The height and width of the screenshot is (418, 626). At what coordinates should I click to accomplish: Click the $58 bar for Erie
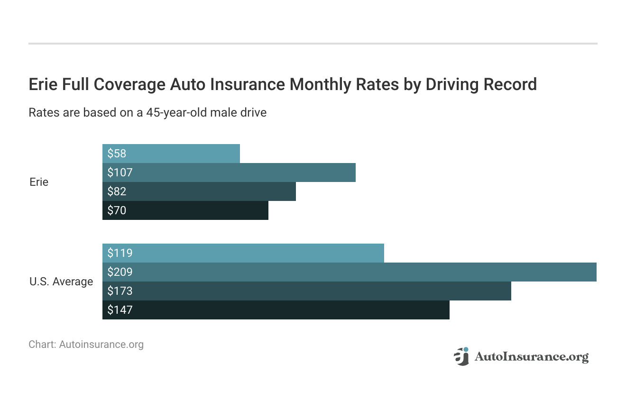pyautogui.click(x=171, y=154)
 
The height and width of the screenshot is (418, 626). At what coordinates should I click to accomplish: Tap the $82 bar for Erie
pyautogui.click(x=199, y=191)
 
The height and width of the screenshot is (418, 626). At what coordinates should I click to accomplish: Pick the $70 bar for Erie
pyautogui.click(x=185, y=210)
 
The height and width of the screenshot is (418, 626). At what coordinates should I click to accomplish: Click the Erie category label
pyautogui.click(x=39, y=182)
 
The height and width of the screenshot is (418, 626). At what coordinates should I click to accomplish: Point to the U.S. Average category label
pyautogui.click(x=61, y=282)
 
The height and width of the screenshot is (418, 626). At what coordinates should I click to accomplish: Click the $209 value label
pyautogui.click(x=120, y=272)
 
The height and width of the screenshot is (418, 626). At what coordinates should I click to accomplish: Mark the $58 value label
pyautogui.click(x=117, y=154)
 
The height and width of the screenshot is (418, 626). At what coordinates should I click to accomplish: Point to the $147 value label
pyautogui.click(x=120, y=310)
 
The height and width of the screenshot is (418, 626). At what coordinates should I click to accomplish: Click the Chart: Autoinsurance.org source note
pyautogui.click(x=86, y=345)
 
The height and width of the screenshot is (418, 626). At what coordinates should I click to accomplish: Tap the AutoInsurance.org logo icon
pyautogui.click(x=461, y=356)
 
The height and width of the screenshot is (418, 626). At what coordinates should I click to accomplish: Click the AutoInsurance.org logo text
pyautogui.click(x=532, y=356)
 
